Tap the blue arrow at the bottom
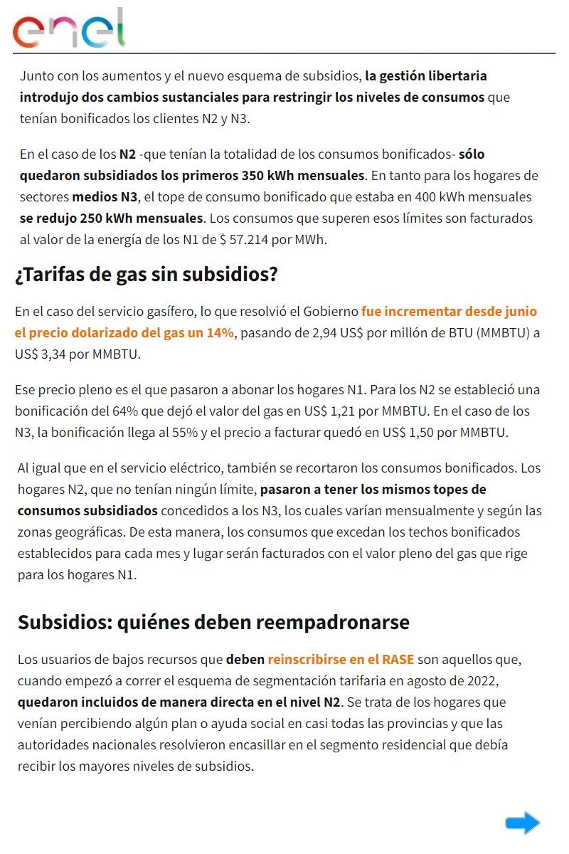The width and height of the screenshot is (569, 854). (523, 823)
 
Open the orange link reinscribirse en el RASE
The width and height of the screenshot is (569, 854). (341, 660)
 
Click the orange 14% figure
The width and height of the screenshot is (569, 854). (220, 332)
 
